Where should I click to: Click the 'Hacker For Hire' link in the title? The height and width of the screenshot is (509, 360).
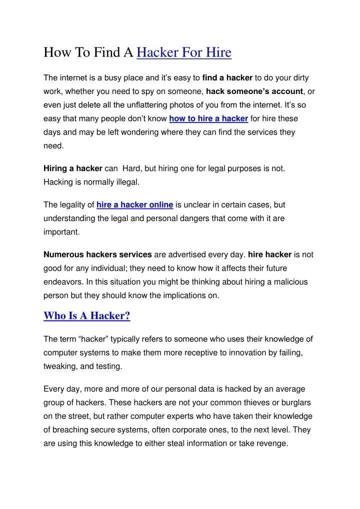[183, 52]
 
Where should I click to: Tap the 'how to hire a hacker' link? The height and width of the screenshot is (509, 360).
[208, 118]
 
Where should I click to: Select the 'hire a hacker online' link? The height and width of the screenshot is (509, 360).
[135, 204]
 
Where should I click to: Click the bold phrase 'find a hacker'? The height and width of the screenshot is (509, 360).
[227, 77]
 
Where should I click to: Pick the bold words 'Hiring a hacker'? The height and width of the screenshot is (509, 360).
[73, 168]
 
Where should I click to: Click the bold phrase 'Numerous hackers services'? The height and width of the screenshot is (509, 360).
[98, 254]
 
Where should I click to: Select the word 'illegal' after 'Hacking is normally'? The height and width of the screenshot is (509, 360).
[126, 182]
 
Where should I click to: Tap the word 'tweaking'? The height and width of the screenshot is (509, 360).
[60, 366]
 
